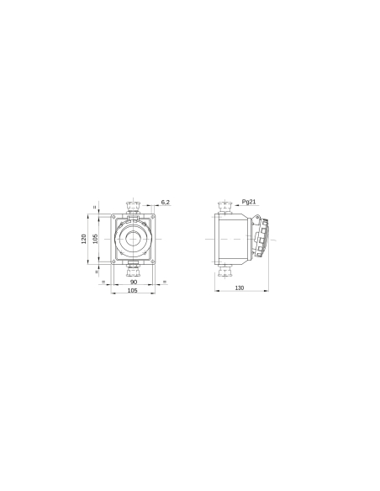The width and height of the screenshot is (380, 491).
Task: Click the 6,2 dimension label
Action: tap(165, 202)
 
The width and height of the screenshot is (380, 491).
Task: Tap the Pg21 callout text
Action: tap(249, 202)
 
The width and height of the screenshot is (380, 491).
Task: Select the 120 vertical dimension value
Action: tap(84, 239)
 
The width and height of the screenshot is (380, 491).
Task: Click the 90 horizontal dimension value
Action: tap(133, 281)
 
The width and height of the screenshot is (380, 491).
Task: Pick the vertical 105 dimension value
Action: tap(96, 239)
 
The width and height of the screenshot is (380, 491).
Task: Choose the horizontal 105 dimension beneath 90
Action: tap(133, 290)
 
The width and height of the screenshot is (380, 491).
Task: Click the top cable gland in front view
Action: tap(133, 204)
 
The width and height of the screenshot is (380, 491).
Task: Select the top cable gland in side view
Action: tap(224, 204)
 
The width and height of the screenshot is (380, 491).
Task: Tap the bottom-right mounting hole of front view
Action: tap(156, 261)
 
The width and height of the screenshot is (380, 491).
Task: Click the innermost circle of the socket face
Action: tap(133, 240)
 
